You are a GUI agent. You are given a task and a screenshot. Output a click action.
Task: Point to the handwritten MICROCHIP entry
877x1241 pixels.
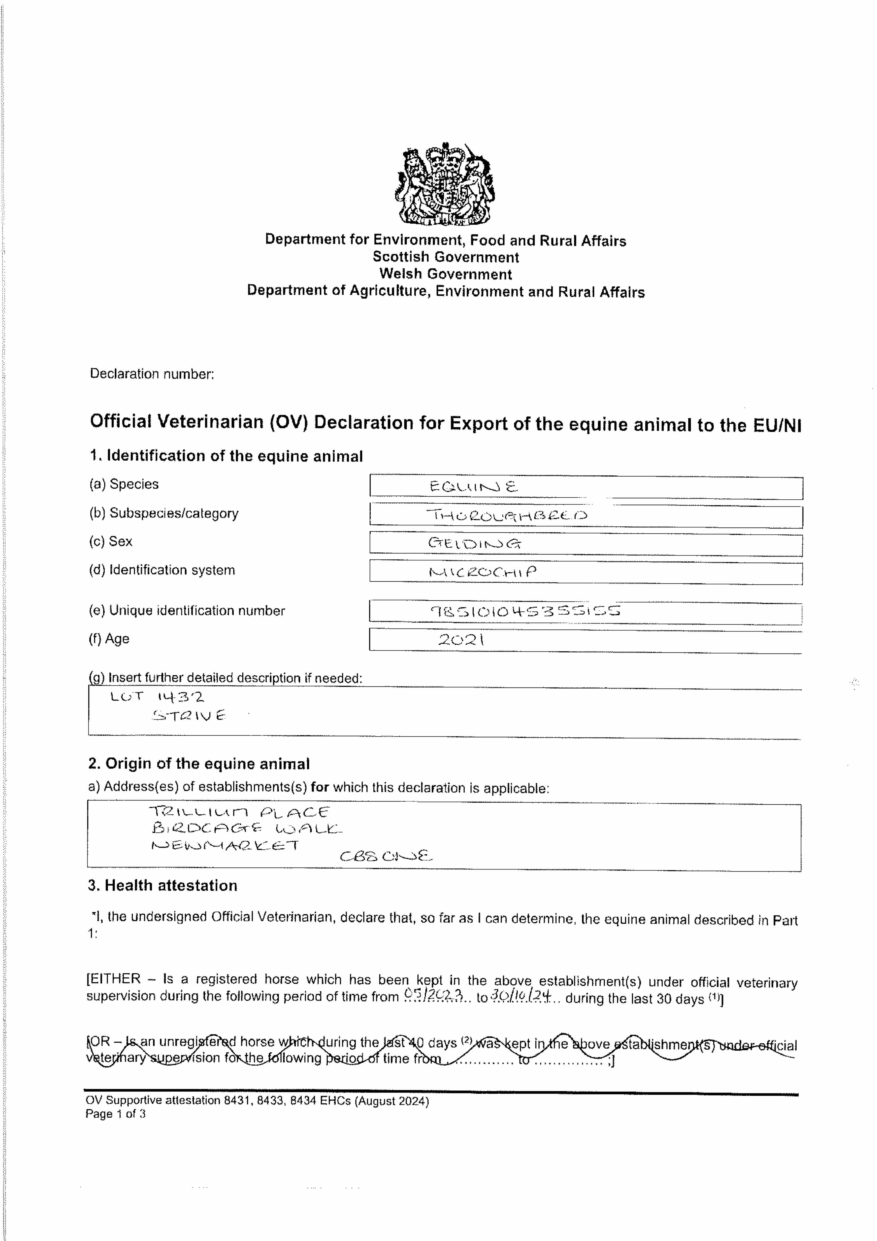[483, 572]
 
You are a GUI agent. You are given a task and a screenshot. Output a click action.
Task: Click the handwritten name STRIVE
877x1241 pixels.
[189, 716]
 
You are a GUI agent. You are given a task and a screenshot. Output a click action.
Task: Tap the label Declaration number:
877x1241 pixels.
[152, 374]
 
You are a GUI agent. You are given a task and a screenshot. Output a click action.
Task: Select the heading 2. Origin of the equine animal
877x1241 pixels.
[199, 764]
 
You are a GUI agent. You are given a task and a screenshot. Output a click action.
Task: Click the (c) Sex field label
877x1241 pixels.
[111, 542]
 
